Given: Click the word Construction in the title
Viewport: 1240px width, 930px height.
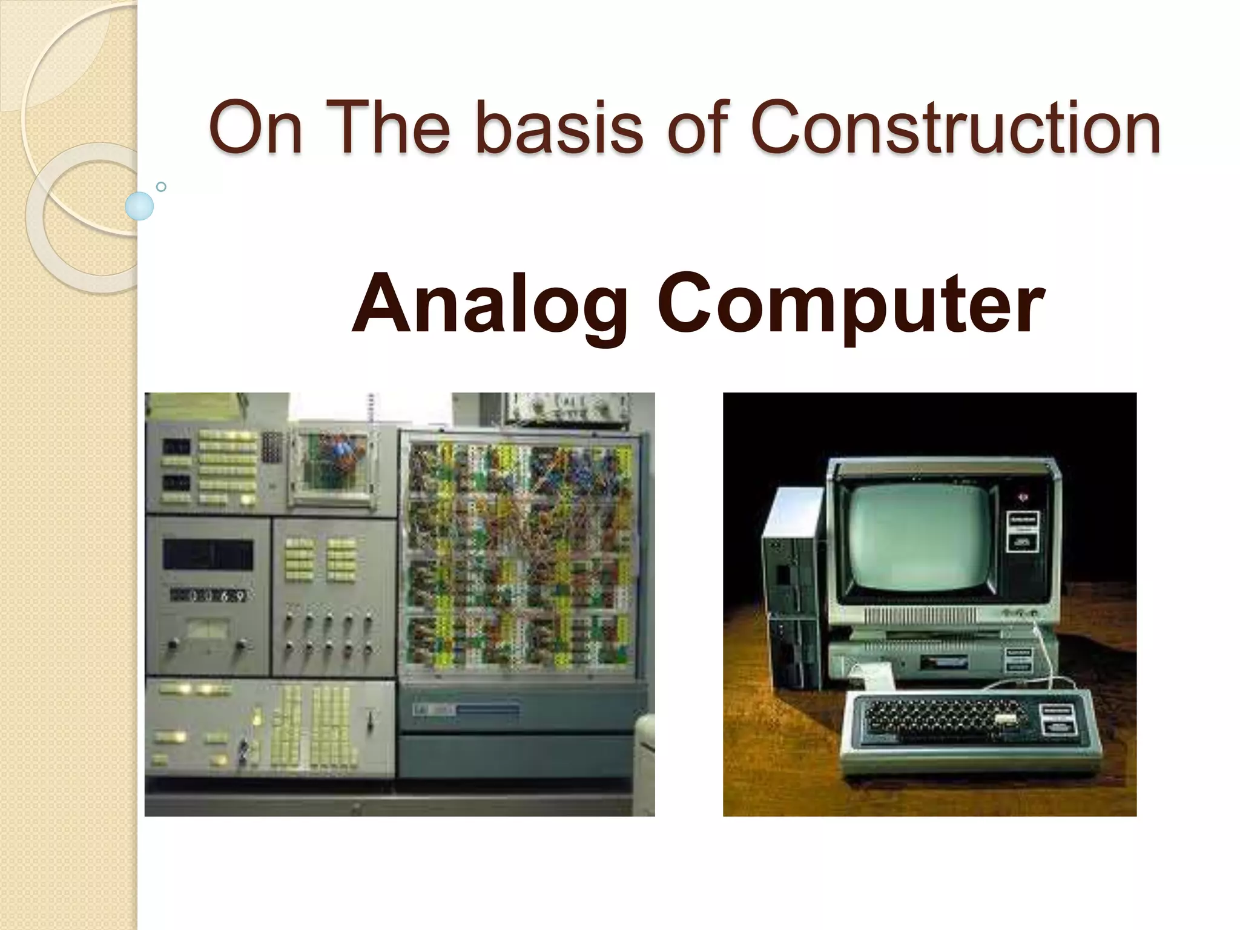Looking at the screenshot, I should click(x=955, y=128).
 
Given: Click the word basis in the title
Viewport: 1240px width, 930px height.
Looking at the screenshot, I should click(x=558, y=128).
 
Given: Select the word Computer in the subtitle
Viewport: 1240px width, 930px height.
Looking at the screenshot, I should click(x=851, y=304).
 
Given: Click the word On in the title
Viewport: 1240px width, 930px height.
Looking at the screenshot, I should click(x=255, y=128).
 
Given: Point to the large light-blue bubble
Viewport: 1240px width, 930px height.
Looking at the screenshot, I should click(x=140, y=206).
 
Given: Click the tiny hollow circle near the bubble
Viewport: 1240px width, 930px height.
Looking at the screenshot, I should click(x=161, y=186).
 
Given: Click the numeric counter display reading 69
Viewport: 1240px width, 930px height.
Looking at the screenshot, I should click(x=209, y=596).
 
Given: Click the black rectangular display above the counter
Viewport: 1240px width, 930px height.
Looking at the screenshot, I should click(x=208, y=555).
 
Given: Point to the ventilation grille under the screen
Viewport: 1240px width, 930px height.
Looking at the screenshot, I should click(x=920, y=617).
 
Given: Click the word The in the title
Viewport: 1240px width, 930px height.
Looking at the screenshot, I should click(x=391, y=128).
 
